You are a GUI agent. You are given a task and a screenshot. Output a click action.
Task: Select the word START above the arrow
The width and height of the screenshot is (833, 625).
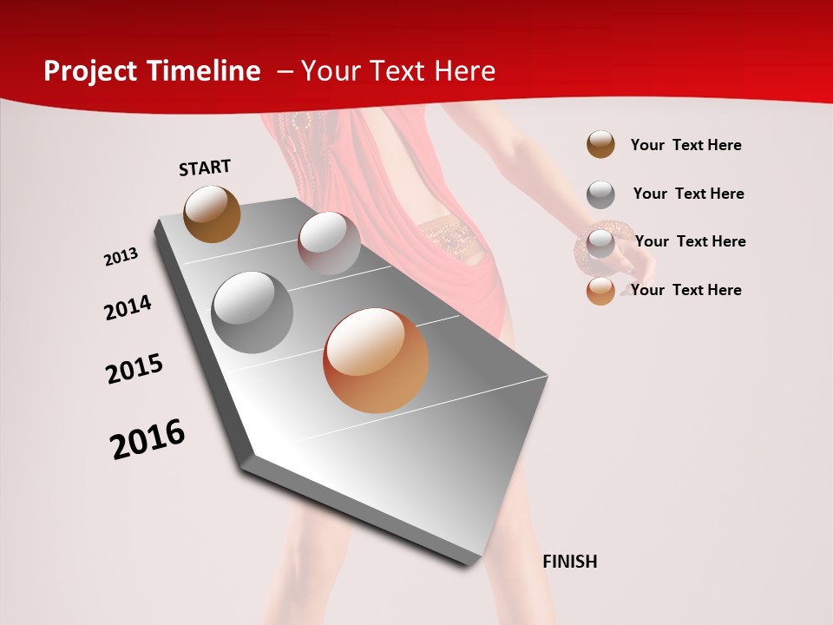(x=205, y=168)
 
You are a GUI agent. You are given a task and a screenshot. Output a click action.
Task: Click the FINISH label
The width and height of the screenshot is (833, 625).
(x=570, y=562)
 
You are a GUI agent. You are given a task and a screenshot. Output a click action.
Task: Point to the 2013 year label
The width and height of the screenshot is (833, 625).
(x=121, y=257)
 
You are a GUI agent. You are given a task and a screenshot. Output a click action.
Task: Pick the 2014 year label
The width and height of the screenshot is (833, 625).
(x=128, y=307)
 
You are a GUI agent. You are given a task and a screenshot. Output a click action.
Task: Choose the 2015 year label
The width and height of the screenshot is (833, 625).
(x=134, y=369)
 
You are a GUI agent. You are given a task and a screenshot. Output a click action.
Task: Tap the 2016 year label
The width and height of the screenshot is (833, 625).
(x=148, y=438)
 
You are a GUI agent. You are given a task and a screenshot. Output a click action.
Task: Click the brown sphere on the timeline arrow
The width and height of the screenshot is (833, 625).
(x=212, y=214)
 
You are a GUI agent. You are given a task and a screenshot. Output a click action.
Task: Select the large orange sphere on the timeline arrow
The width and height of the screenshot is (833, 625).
(x=376, y=360)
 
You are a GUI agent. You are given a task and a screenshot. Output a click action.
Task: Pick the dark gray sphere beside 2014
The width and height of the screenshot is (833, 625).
(x=253, y=312)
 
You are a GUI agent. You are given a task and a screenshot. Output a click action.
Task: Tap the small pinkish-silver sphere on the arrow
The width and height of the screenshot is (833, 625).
(x=329, y=243)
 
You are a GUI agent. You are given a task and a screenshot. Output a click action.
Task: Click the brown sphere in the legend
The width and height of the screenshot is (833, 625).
(x=600, y=144)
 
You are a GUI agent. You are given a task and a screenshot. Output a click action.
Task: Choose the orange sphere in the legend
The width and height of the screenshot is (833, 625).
(x=600, y=290)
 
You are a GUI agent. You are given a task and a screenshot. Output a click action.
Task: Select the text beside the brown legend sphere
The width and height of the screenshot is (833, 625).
(x=685, y=145)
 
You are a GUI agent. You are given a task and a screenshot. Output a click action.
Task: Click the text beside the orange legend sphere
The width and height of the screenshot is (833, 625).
(x=685, y=290)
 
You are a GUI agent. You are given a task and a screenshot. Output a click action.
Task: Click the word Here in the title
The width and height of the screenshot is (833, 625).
(x=464, y=71)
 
